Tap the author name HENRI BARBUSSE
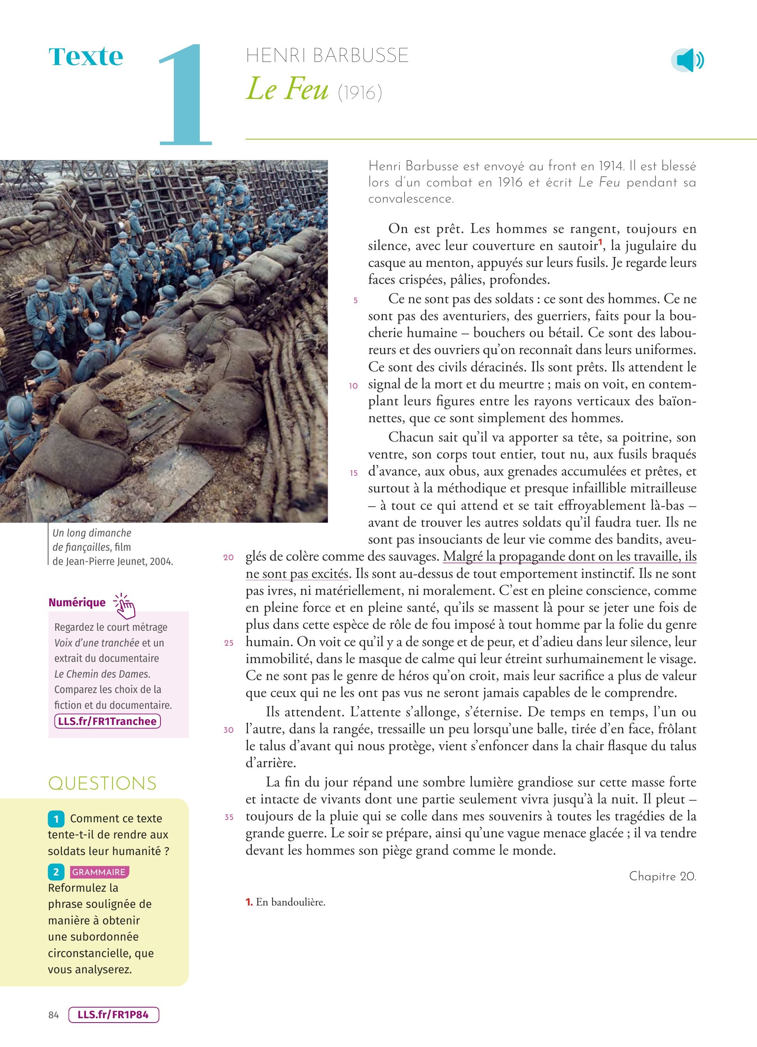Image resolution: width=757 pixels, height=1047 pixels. point(327,56)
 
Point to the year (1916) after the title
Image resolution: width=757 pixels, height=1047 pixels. point(360,93)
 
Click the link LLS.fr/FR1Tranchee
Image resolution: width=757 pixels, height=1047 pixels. point(107,721)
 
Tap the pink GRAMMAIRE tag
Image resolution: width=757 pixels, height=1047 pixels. point(99,872)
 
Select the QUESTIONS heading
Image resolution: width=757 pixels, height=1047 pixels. point(103,784)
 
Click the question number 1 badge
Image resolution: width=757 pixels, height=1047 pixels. point(56,819)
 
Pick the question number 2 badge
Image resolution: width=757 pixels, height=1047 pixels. point(56,872)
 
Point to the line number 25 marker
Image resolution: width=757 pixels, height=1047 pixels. point(229,643)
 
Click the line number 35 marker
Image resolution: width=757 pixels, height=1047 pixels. point(229,817)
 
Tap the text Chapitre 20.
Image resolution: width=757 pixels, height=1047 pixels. point(662,876)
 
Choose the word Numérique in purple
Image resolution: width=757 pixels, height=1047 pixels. point(76,602)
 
